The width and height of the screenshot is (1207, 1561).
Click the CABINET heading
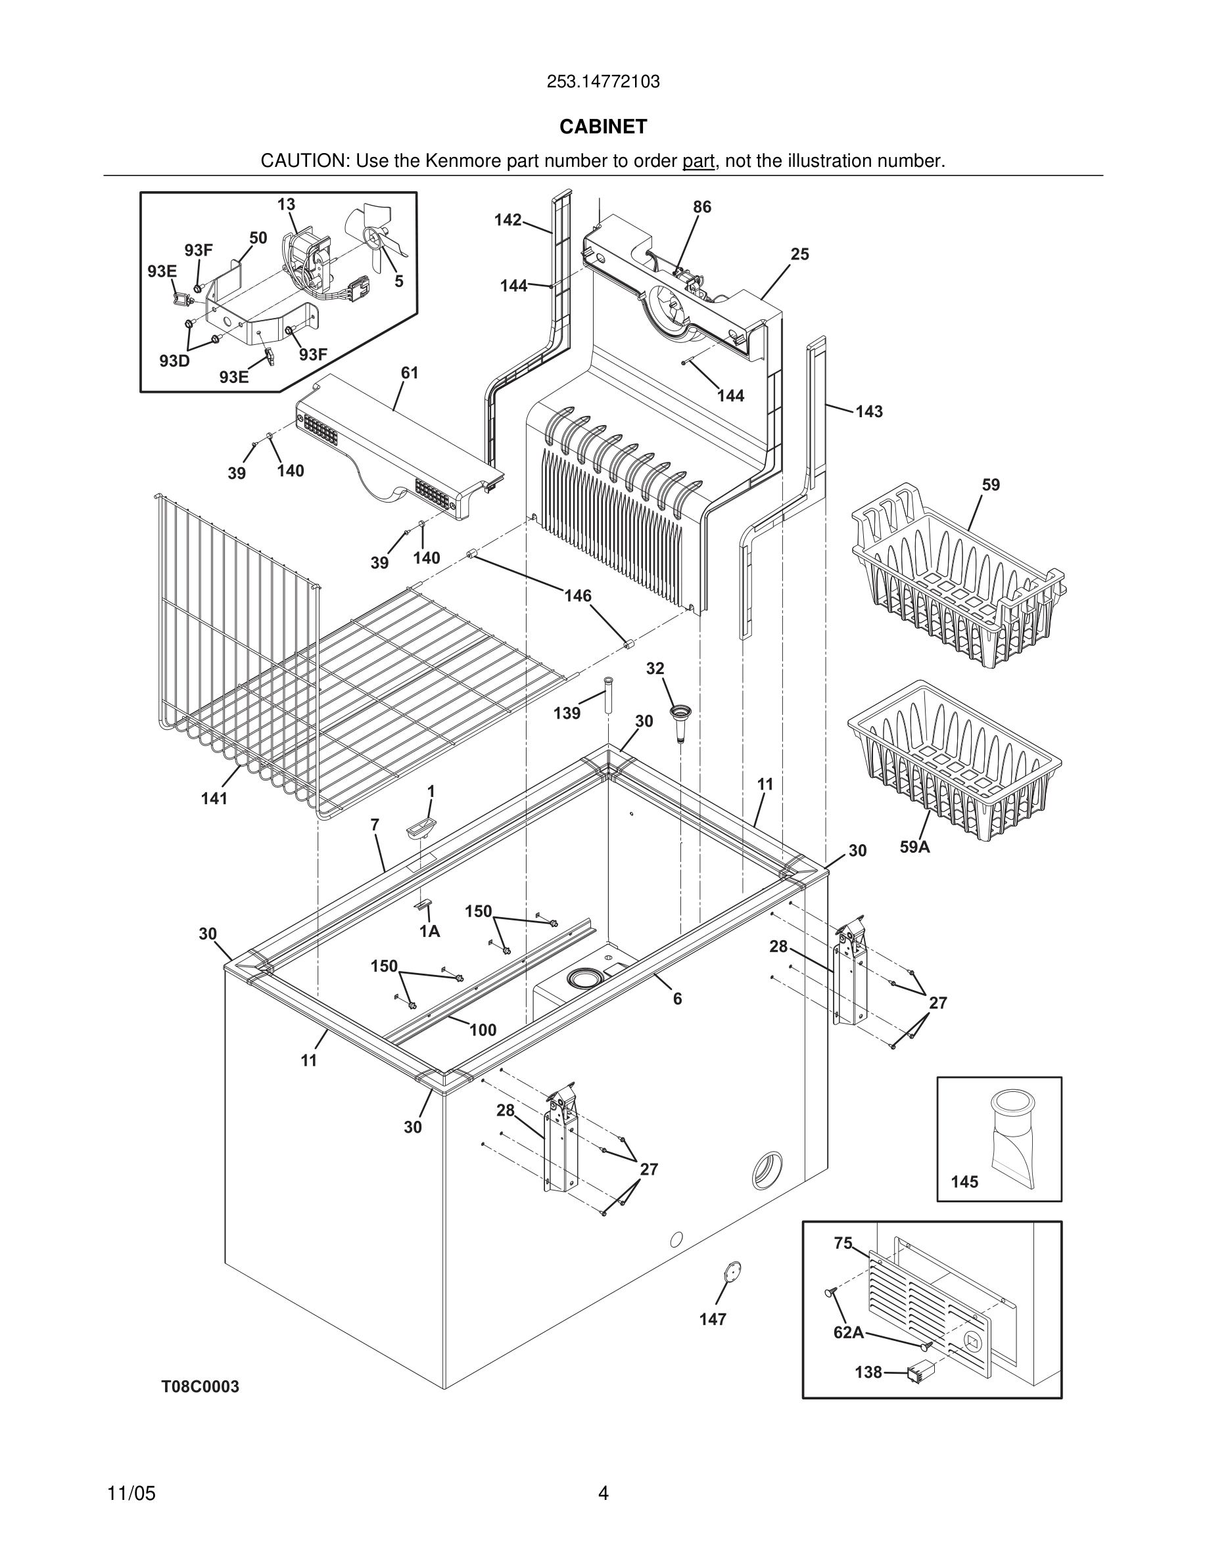click(603, 127)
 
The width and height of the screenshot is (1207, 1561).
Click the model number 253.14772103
click(603, 81)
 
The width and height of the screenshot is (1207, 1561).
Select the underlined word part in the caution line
click(698, 162)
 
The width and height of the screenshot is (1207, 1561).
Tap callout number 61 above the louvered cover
click(410, 373)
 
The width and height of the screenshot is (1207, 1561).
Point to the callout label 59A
click(914, 848)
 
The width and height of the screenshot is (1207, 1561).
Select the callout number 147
click(713, 1319)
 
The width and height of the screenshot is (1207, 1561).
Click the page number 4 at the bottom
click(603, 1494)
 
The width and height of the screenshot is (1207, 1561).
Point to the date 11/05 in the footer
click(131, 1494)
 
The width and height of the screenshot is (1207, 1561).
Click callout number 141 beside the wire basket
click(214, 798)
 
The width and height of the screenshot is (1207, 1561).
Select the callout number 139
click(567, 713)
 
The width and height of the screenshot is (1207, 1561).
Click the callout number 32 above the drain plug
click(655, 668)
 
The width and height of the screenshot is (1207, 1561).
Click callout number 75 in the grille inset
click(843, 1244)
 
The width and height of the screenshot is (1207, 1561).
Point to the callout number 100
click(483, 1030)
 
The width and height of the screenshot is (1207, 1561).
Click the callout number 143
click(869, 412)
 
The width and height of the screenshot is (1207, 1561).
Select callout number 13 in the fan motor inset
click(286, 204)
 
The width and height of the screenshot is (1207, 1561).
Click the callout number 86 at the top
click(702, 206)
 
